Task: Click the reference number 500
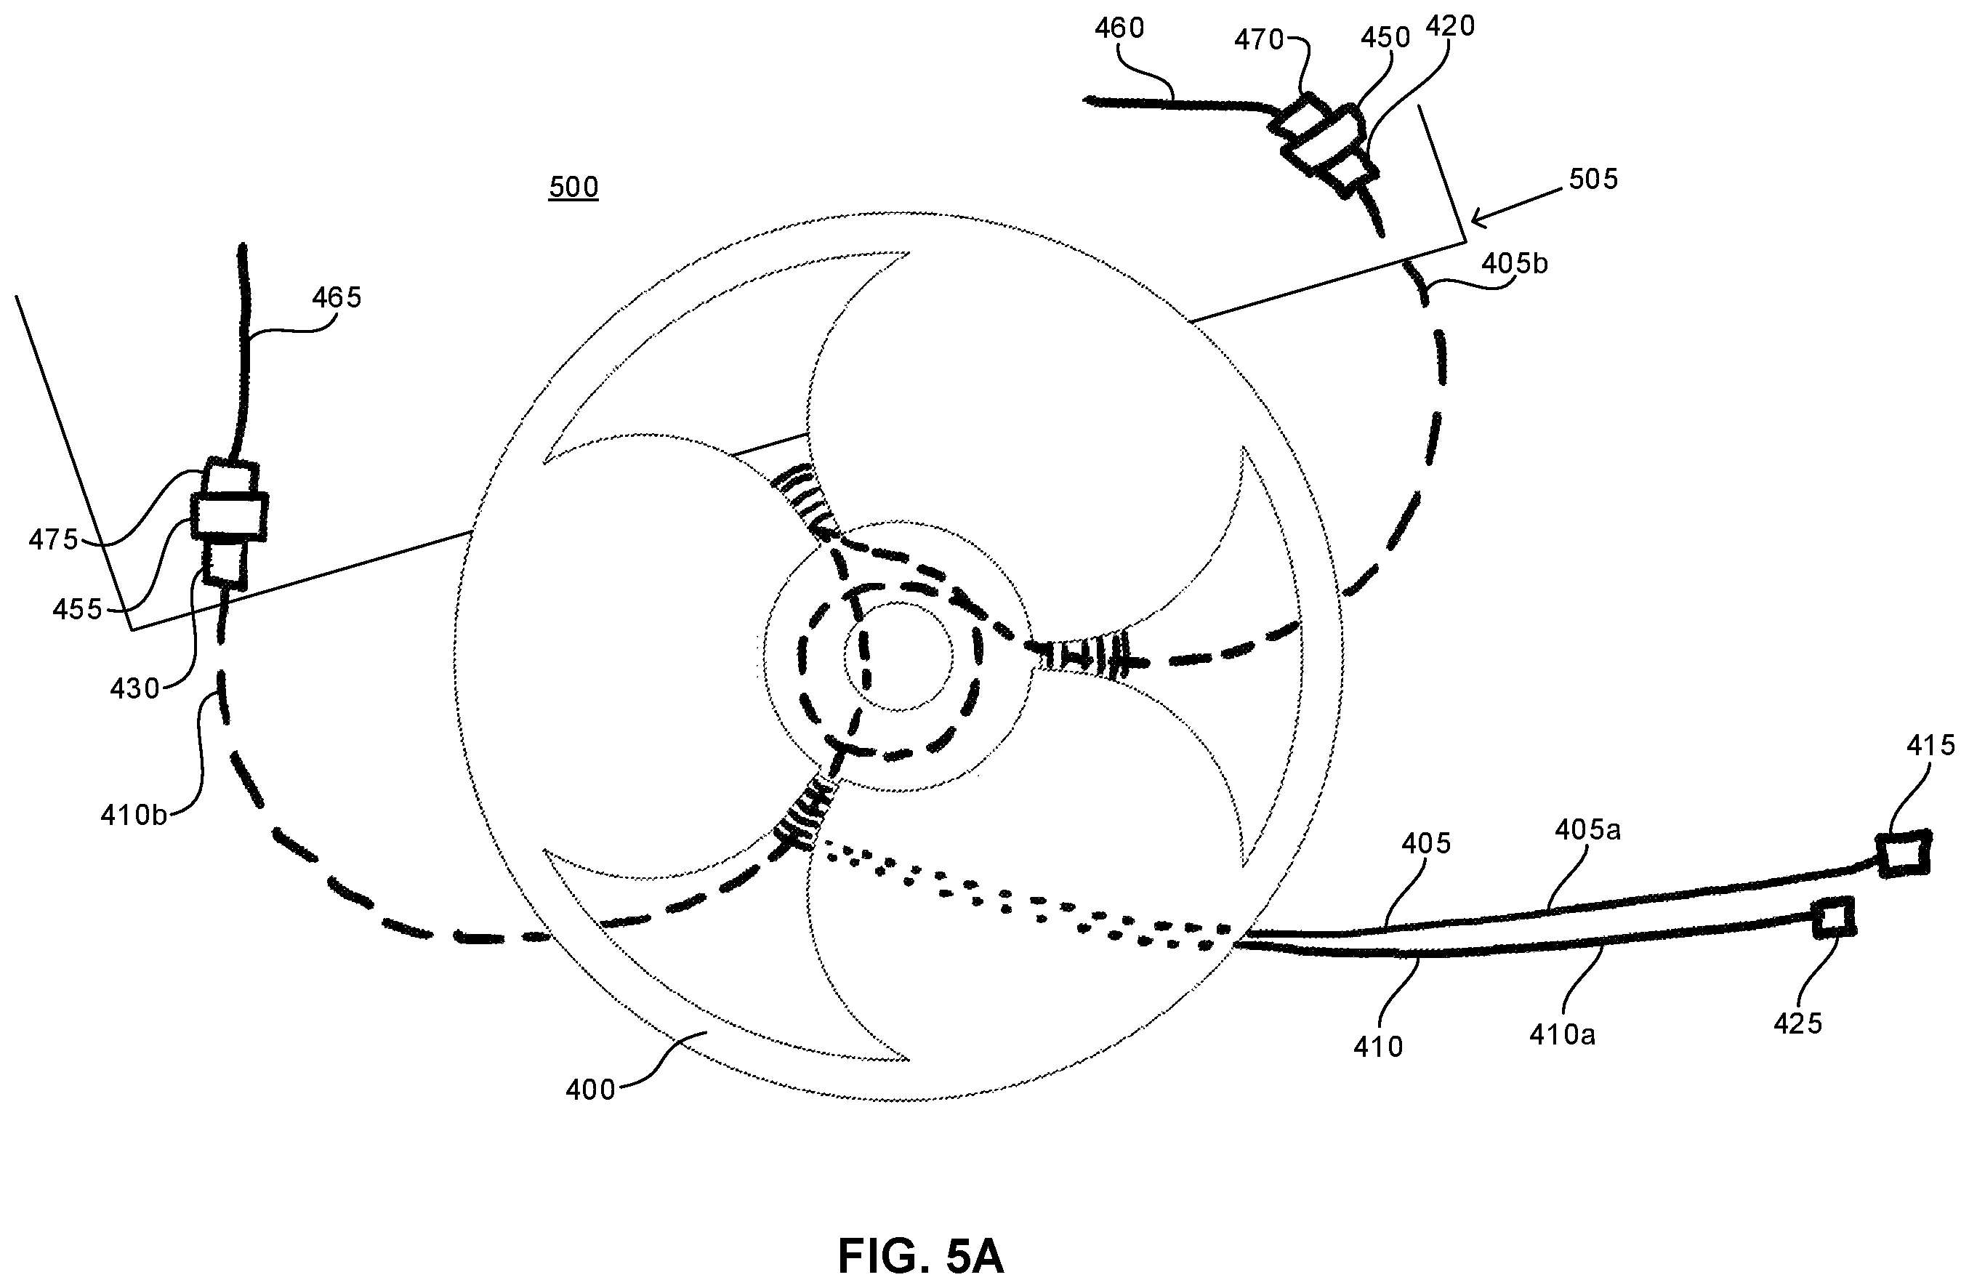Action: point(573,188)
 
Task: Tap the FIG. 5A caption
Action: point(921,1257)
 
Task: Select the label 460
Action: point(1119,29)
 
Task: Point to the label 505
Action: point(1592,179)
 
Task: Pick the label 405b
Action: point(1514,264)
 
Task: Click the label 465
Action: point(337,298)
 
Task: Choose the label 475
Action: point(54,540)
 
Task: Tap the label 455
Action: point(77,610)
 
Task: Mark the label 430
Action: point(135,688)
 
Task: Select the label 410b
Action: point(134,816)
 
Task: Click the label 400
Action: point(591,1090)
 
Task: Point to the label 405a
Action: point(1587,830)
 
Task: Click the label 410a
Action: point(1562,1035)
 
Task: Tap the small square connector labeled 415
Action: point(1903,854)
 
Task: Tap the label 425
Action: point(1799,1023)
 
